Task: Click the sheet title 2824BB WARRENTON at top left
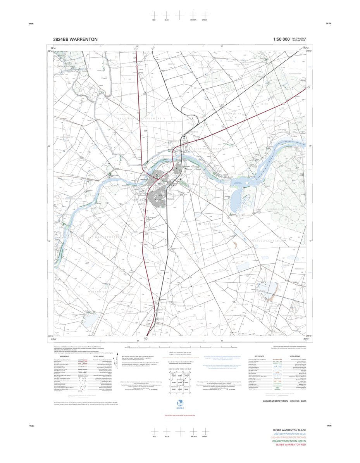(76, 39)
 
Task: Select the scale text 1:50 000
(281, 39)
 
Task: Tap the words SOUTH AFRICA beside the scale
(299, 38)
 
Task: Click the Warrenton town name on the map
(144, 180)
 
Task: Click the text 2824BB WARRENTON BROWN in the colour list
(289, 437)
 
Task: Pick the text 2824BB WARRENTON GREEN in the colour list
(289, 441)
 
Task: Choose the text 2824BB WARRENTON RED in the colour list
(290, 445)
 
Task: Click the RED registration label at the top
(154, 19)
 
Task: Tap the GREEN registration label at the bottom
(205, 436)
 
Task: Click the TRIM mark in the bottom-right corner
(329, 426)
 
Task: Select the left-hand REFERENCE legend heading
(65, 356)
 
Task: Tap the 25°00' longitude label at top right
(308, 48)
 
